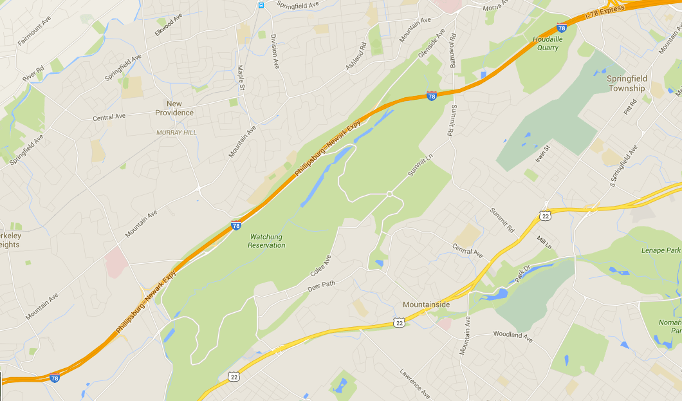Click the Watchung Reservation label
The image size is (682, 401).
point(266,241)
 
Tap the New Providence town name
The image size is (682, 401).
point(174,108)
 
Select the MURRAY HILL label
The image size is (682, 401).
point(176,133)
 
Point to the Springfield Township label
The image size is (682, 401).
point(626,83)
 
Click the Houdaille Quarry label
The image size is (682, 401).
point(546,43)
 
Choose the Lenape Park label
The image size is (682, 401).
point(660,250)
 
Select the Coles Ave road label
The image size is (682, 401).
point(320,266)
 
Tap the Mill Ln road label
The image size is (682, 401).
point(544,242)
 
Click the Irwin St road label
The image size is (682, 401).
point(543,155)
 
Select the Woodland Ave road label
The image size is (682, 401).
point(513,335)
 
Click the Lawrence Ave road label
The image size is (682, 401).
point(415,383)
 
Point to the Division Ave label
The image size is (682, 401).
point(275,51)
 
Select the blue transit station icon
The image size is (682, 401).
point(261,5)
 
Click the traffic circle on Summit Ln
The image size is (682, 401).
point(389,194)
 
